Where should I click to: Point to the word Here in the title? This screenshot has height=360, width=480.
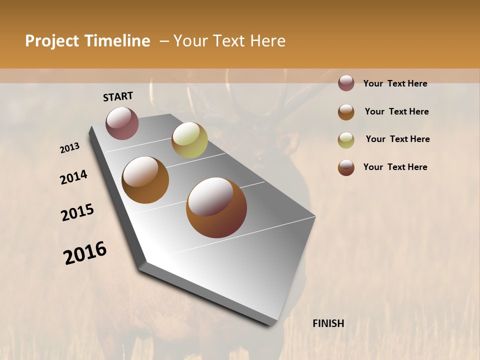(x=267, y=41)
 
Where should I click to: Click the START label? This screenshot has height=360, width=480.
(x=118, y=96)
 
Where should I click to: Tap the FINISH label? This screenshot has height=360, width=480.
(x=328, y=323)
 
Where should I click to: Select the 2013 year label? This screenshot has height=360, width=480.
(x=69, y=148)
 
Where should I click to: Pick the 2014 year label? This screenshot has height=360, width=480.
(x=73, y=177)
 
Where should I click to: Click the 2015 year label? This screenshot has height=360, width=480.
(x=77, y=212)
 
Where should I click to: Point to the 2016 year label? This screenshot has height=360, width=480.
(x=85, y=253)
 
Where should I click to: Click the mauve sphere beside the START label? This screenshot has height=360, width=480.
(x=122, y=123)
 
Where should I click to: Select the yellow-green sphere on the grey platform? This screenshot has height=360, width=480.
(x=189, y=140)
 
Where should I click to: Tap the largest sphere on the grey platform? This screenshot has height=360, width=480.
(x=216, y=207)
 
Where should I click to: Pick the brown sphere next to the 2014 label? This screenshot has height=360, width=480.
(x=145, y=180)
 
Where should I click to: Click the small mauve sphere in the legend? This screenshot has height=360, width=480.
(x=346, y=83)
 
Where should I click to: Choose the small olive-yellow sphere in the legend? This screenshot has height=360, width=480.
(x=346, y=139)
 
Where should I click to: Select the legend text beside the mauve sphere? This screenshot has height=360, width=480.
(x=395, y=83)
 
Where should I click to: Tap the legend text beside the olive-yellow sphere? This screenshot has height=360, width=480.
(x=397, y=139)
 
